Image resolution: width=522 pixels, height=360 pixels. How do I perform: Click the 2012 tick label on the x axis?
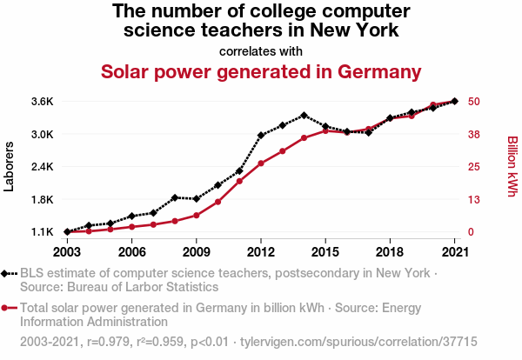(x=261, y=252)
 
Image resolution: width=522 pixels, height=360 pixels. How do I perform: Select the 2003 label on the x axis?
(x=67, y=252)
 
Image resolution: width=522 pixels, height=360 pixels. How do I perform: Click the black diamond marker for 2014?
(x=304, y=115)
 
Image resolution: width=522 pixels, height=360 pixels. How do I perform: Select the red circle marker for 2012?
(x=261, y=163)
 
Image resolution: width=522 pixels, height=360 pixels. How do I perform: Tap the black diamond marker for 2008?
(x=175, y=197)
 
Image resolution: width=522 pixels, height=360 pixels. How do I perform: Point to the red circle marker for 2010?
(x=217, y=202)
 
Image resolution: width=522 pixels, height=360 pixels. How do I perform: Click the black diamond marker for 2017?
(x=368, y=132)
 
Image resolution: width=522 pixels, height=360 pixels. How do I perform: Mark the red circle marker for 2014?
(x=304, y=137)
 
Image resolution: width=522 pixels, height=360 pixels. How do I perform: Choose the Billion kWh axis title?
(x=512, y=166)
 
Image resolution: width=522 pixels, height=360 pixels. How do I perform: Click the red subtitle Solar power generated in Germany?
(x=261, y=70)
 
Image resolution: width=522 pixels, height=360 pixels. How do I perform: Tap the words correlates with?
(x=261, y=50)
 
